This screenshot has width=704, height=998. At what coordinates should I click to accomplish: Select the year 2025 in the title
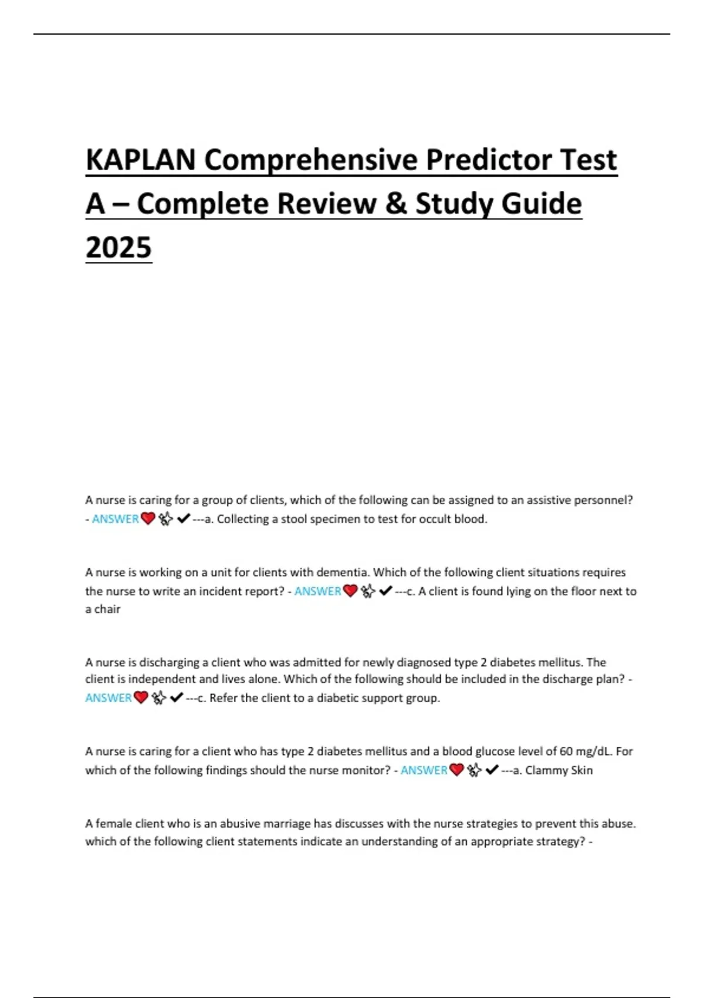tap(119, 247)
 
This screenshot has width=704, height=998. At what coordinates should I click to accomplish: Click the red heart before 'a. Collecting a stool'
tap(148, 518)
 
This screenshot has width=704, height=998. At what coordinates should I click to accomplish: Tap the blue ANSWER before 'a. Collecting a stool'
tap(116, 519)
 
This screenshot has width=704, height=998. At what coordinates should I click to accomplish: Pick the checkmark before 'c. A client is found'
tap(385, 591)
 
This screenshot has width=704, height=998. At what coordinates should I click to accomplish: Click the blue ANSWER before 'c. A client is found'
tap(317, 591)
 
